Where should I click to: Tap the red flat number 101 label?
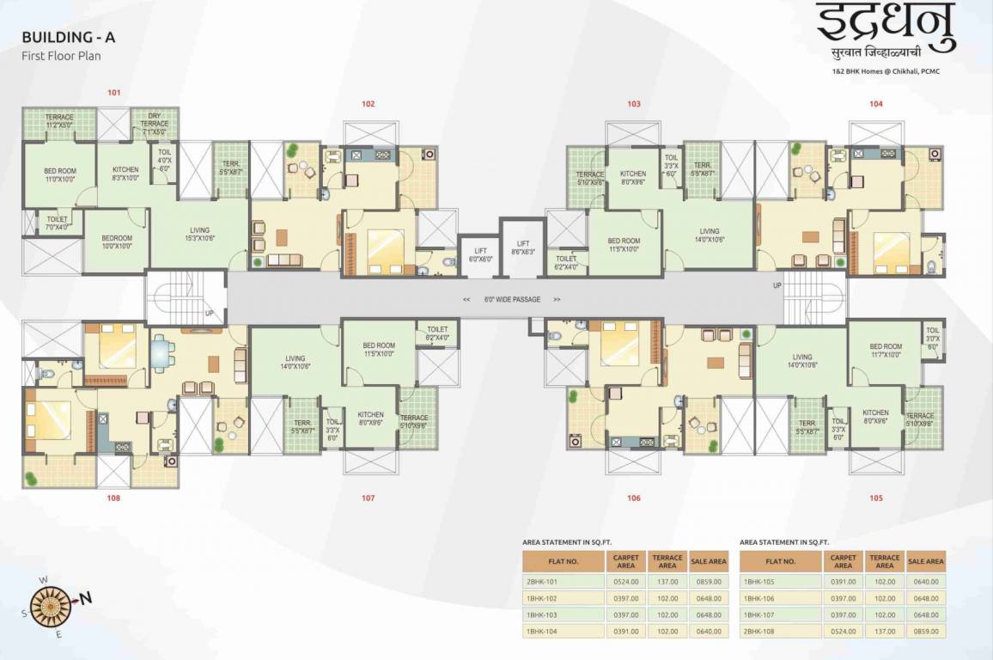pos(114,92)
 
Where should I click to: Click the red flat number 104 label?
pos(875,104)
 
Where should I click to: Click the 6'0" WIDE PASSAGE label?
pos(511,300)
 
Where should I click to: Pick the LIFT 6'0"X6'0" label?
pos(480,255)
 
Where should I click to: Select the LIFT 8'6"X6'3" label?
pos(522,248)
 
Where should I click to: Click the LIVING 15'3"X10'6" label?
pos(199,235)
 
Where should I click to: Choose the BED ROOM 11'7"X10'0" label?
pos(885,351)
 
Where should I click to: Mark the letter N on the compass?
pos(86,598)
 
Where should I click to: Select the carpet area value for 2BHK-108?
pos(843,632)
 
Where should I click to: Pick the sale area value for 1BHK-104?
pos(709,632)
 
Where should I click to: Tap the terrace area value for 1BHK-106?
pos(884,598)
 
